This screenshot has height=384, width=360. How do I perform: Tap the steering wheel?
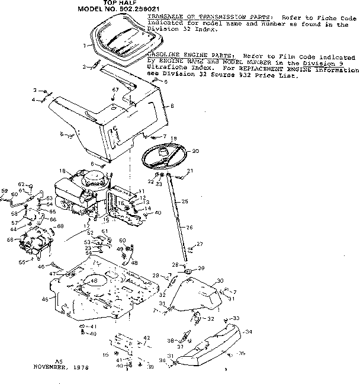click(165, 156)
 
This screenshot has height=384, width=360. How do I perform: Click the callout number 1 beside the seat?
click(85, 45)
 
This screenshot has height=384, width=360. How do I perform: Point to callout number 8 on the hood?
click(172, 106)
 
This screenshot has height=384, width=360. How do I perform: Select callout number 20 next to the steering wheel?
click(195, 151)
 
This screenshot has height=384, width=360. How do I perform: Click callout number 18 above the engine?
click(62, 171)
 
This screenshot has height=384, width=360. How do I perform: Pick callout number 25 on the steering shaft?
click(185, 202)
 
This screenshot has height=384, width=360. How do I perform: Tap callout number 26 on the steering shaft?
click(190, 227)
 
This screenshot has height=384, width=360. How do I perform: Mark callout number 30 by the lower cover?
click(220, 280)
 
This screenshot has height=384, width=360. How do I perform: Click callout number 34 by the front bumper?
click(248, 331)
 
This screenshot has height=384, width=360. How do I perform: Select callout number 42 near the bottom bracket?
click(147, 338)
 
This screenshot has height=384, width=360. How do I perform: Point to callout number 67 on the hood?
click(115, 89)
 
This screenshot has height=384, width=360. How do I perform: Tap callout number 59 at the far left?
click(4, 191)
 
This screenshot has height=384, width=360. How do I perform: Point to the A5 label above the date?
click(58, 361)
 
